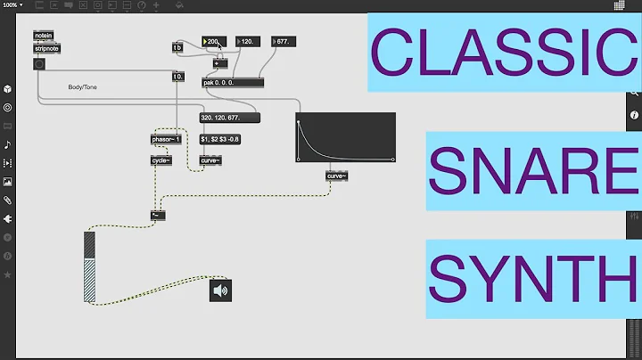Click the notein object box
43,36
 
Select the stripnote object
46,48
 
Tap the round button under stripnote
39,64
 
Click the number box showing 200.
216,41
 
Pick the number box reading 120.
248,41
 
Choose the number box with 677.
281,41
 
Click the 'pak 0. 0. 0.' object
233,82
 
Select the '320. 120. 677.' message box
229,117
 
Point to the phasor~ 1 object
167,140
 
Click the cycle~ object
161,160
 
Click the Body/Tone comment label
82,87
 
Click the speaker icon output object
220,290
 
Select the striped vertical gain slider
89,267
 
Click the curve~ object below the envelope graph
336,176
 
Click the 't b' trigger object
177,47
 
